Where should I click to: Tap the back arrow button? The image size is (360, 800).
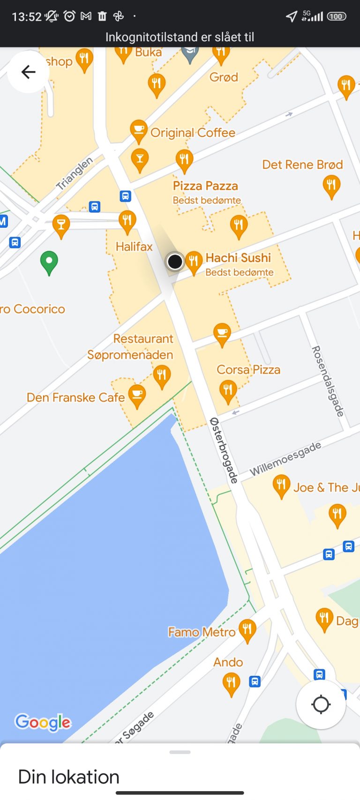click(29, 72)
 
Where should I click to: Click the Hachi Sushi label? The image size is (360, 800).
click(238, 258)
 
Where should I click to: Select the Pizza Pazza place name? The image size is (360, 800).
click(205, 186)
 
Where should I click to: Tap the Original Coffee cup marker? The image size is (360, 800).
click(138, 131)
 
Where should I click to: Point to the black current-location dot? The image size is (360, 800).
click(175, 262)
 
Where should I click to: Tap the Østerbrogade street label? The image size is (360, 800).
click(224, 450)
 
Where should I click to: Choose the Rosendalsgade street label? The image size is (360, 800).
click(328, 381)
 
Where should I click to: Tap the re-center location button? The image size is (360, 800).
click(321, 704)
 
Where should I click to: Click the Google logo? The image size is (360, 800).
click(43, 722)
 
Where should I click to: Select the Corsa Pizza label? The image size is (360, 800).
click(248, 370)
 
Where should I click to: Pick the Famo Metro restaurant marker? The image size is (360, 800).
click(247, 630)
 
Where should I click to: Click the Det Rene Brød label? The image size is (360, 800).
click(302, 164)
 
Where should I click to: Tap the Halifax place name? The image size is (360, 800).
click(134, 247)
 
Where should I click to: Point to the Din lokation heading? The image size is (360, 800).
click(69, 777)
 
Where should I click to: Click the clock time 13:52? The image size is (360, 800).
click(27, 17)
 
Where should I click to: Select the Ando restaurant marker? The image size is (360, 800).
click(231, 683)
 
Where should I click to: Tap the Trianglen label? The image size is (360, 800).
click(75, 173)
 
